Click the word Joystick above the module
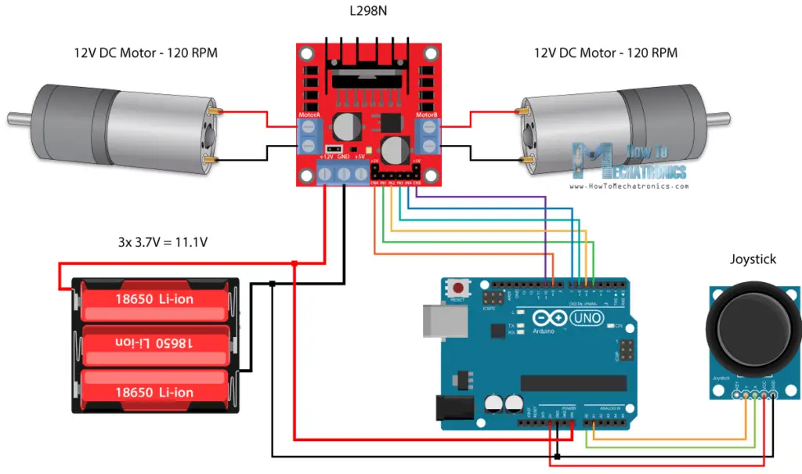pos(753,259)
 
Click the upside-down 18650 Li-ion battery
pos(154,345)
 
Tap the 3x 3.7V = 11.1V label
pos(158,242)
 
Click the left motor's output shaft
pos(17,119)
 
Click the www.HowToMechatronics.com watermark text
pos(630,187)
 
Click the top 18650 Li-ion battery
pos(154,299)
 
